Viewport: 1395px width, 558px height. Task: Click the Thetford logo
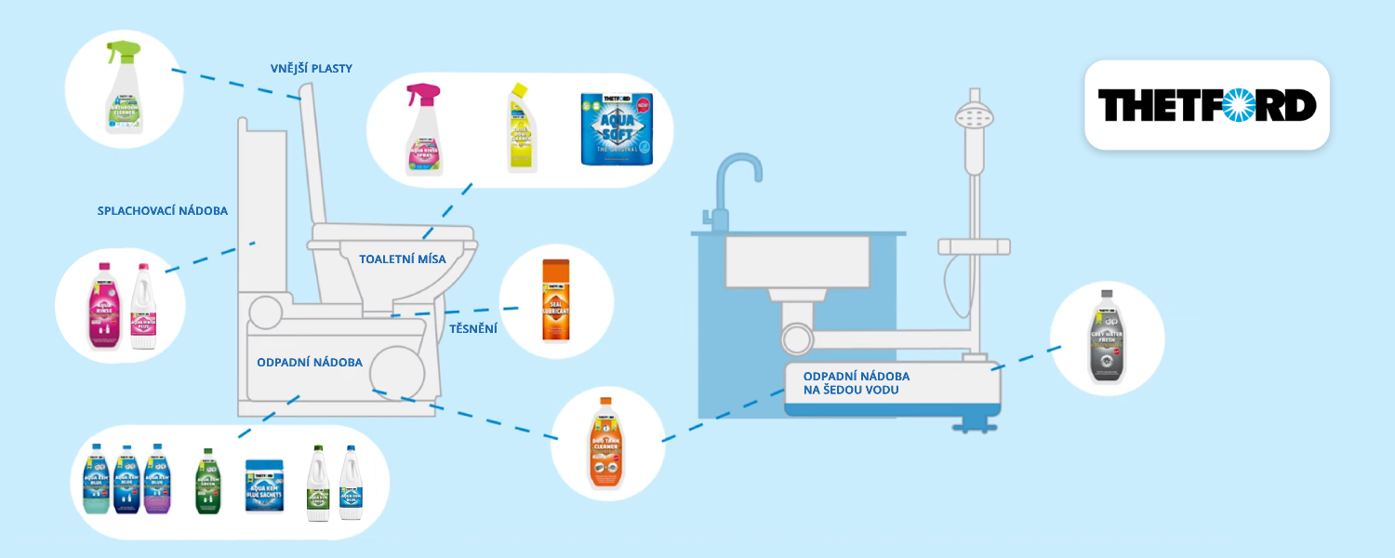pos(1206,105)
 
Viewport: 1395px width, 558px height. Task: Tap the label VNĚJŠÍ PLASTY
pos(310,69)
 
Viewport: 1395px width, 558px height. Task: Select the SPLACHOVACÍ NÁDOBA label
pos(163,211)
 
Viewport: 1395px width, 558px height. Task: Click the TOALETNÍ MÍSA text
pos(403,259)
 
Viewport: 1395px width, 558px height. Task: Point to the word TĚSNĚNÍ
pos(474,328)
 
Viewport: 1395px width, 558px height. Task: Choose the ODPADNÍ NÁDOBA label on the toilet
pos(310,362)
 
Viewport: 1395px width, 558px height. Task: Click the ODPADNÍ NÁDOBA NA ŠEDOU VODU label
pos(856,383)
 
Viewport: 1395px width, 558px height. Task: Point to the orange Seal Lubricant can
pos(555,300)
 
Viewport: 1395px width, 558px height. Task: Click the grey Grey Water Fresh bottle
pos(1107,337)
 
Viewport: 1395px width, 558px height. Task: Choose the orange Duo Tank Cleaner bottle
pos(605,444)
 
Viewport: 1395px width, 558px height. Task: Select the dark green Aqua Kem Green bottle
pos(208,481)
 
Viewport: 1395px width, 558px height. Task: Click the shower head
pos(973,120)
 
